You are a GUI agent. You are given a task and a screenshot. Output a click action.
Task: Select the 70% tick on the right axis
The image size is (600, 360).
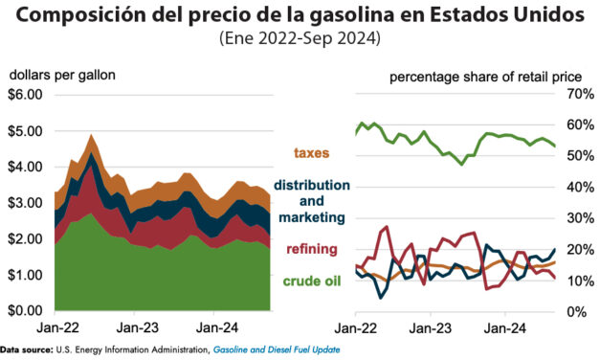click(x=579, y=94)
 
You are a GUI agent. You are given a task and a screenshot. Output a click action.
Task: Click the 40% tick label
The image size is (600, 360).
click(x=579, y=187)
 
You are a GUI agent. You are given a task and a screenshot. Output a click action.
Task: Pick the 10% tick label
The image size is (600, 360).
click(x=579, y=281)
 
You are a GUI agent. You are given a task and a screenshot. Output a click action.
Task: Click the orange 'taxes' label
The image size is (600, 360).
click(x=313, y=153)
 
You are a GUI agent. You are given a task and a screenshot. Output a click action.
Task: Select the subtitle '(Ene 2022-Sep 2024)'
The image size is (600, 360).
click(x=300, y=39)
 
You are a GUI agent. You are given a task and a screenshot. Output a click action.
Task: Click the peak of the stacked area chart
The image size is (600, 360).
click(x=92, y=136)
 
